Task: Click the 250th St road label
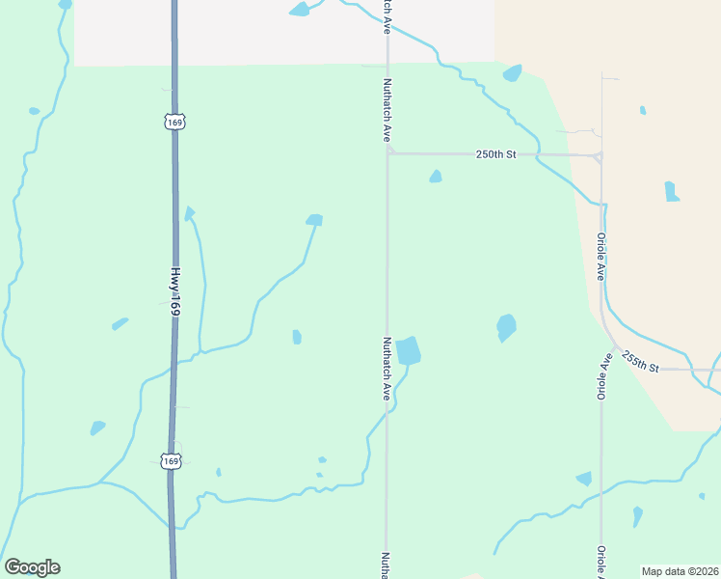(497, 154)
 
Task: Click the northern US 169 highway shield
(174, 123)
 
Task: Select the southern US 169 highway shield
(171, 461)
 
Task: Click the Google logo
(32, 567)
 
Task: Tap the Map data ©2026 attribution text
(680, 571)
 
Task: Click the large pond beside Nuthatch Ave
(409, 350)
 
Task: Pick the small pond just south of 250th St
(436, 177)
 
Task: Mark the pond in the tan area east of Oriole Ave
(671, 191)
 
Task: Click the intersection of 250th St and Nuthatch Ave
(388, 152)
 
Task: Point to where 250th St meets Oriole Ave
(601, 154)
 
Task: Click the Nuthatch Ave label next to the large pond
(387, 368)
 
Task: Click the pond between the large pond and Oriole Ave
(506, 327)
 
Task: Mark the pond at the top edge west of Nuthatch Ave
(300, 10)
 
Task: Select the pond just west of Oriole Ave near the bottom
(584, 478)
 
